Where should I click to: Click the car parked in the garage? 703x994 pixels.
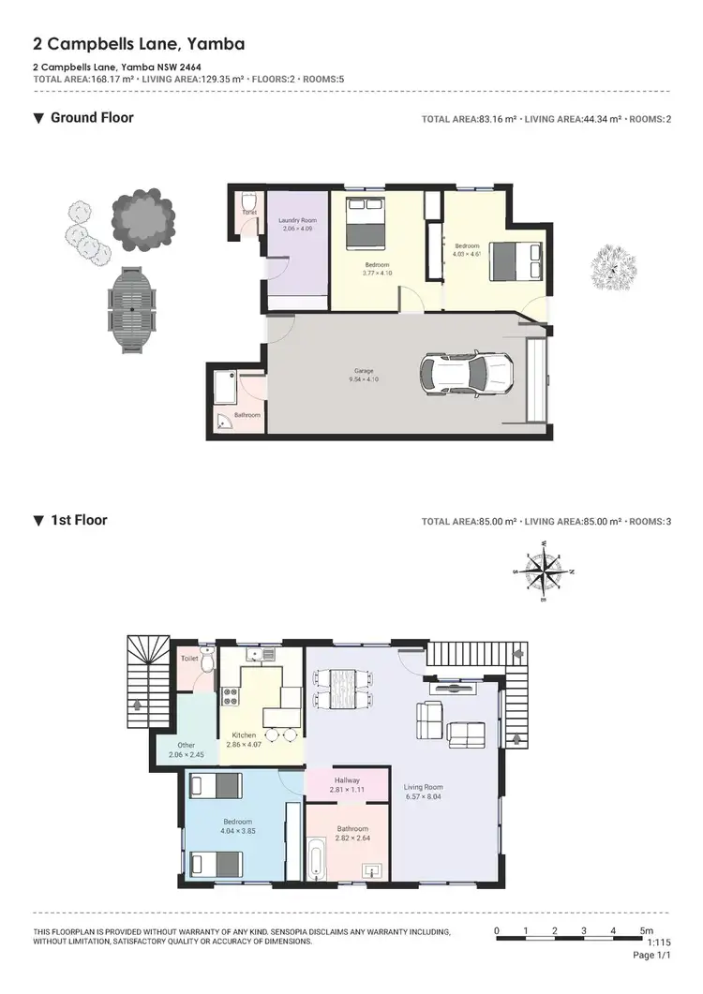(x=466, y=375)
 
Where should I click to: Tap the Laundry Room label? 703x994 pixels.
(x=296, y=220)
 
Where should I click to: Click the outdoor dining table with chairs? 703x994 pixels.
(x=132, y=309)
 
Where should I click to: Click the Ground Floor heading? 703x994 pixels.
(x=92, y=118)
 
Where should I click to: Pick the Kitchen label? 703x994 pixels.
(x=244, y=735)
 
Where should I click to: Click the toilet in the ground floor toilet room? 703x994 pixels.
(x=248, y=202)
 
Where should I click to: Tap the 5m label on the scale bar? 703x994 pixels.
(x=646, y=930)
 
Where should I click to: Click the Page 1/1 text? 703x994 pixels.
(x=652, y=955)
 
